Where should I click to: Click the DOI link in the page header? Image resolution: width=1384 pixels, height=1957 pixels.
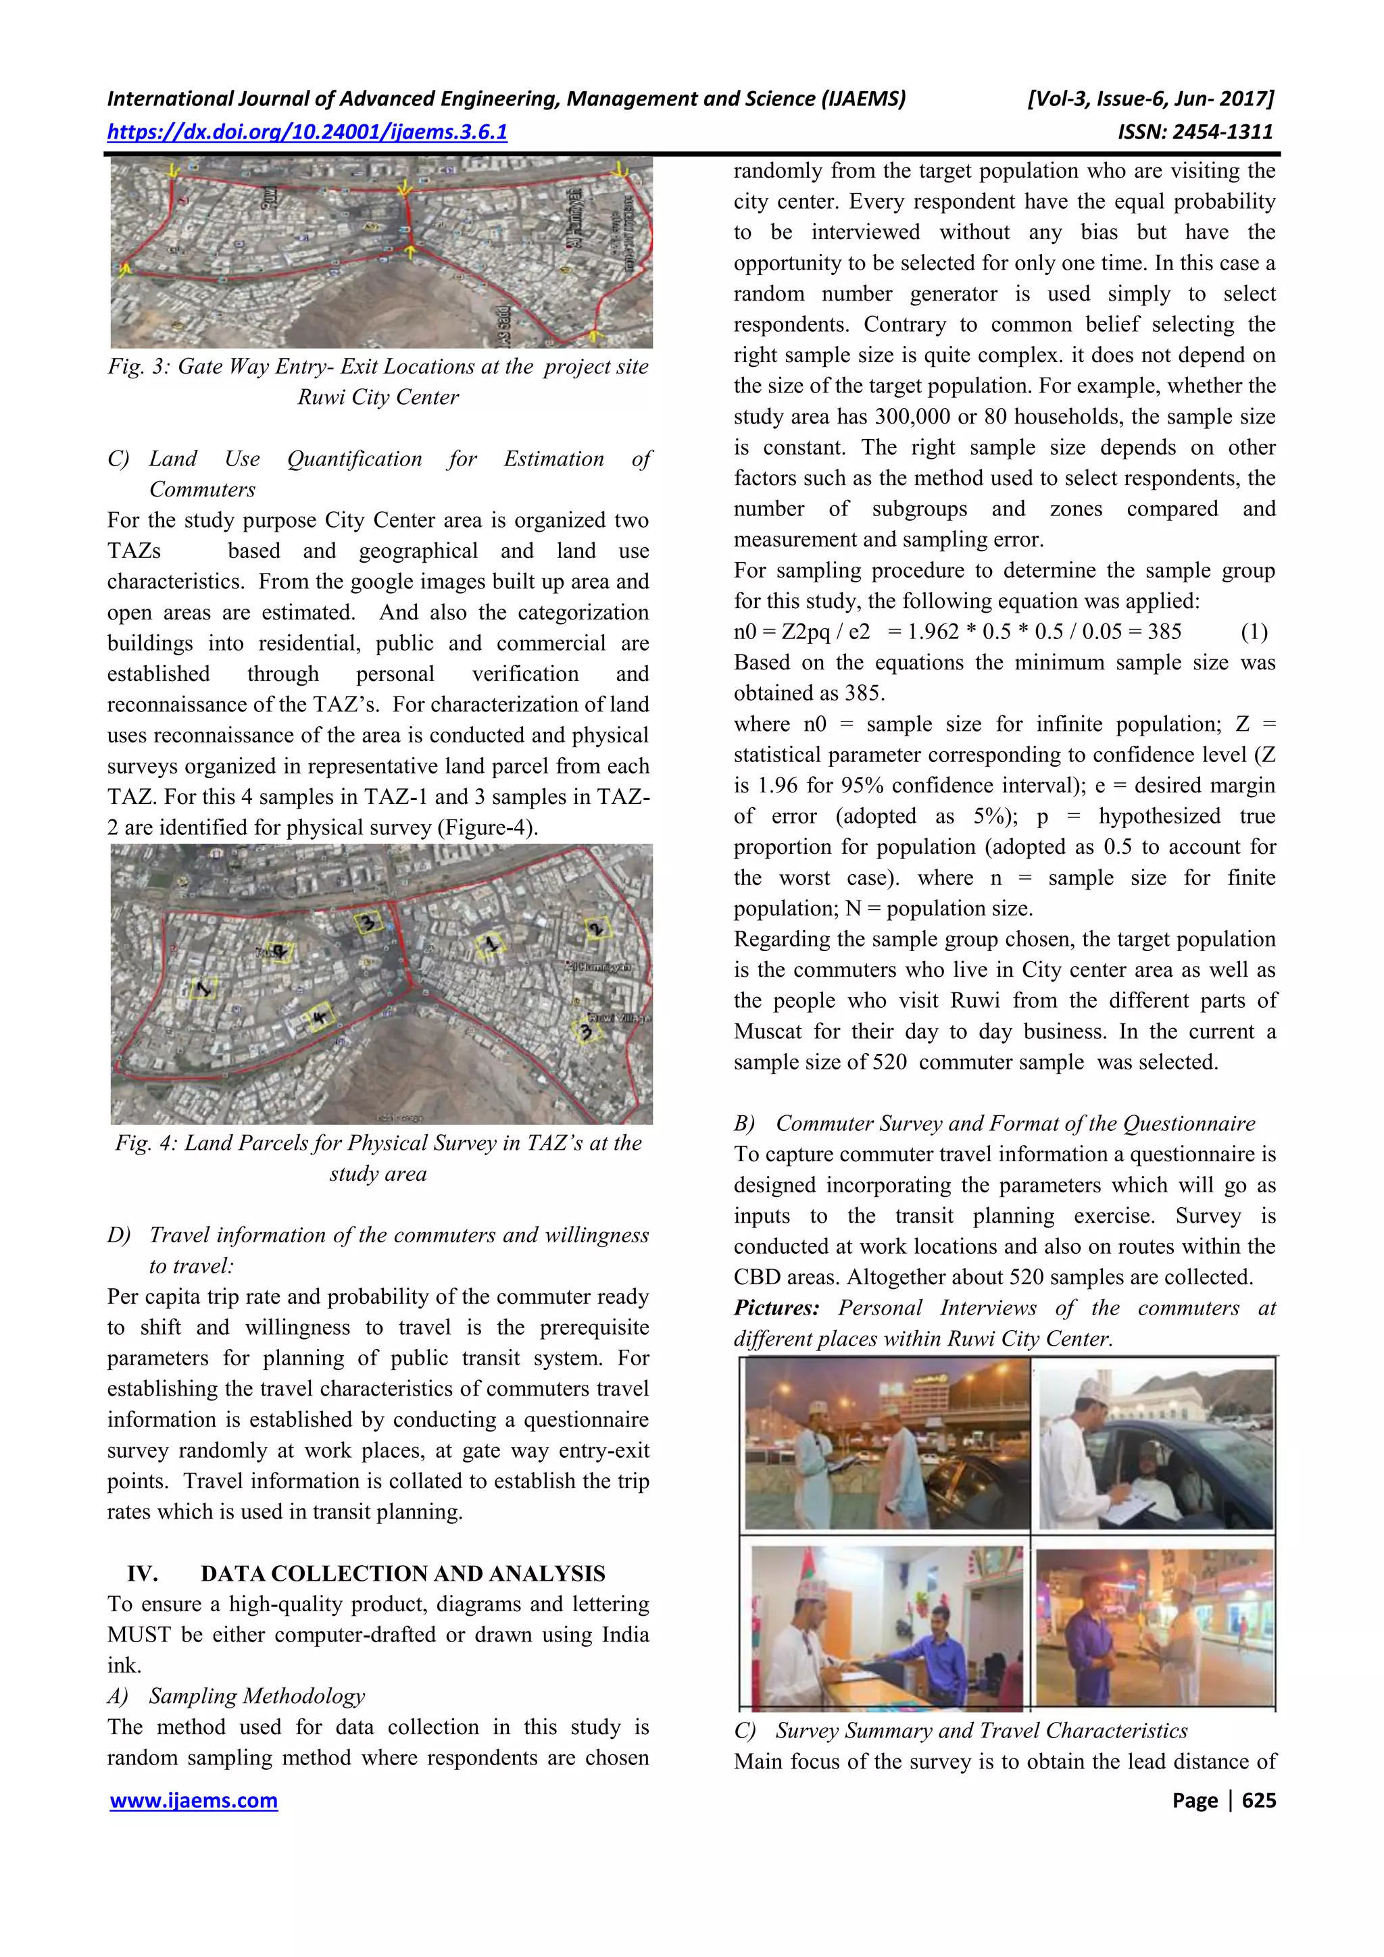pyautogui.click(x=307, y=132)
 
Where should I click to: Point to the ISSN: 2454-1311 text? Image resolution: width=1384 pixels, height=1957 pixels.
pyautogui.click(x=1195, y=132)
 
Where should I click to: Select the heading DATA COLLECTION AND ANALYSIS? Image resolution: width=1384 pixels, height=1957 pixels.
pyautogui.click(x=403, y=1573)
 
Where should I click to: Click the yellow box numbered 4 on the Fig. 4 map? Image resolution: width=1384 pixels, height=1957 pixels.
pyautogui.click(x=320, y=1016)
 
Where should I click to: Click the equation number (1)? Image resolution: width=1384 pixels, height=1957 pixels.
pyautogui.click(x=1254, y=632)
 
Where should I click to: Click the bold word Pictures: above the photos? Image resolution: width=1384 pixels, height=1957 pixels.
pyautogui.click(x=776, y=1308)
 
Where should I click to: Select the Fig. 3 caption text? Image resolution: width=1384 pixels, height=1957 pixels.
pyautogui.click(x=378, y=382)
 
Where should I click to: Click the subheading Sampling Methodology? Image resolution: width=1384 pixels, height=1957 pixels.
pyautogui.click(x=257, y=1696)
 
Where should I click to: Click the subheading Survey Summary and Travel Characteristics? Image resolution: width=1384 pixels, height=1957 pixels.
pyautogui.click(x=981, y=1730)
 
